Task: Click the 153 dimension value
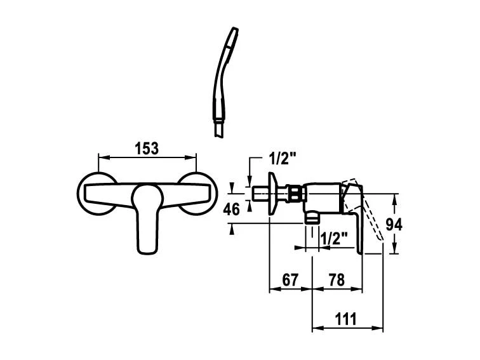pos(147,149)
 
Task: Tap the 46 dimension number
pos(231,210)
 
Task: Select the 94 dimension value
pos(394,225)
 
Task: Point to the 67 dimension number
pos(290,280)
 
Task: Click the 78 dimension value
pos(337,280)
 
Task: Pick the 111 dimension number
pos(346,319)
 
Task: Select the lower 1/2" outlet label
pos(334,237)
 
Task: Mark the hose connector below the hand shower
pos(219,130)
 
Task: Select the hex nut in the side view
pos(295,194)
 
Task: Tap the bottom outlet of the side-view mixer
pos(312,217)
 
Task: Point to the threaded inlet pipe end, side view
pos(260,194)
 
